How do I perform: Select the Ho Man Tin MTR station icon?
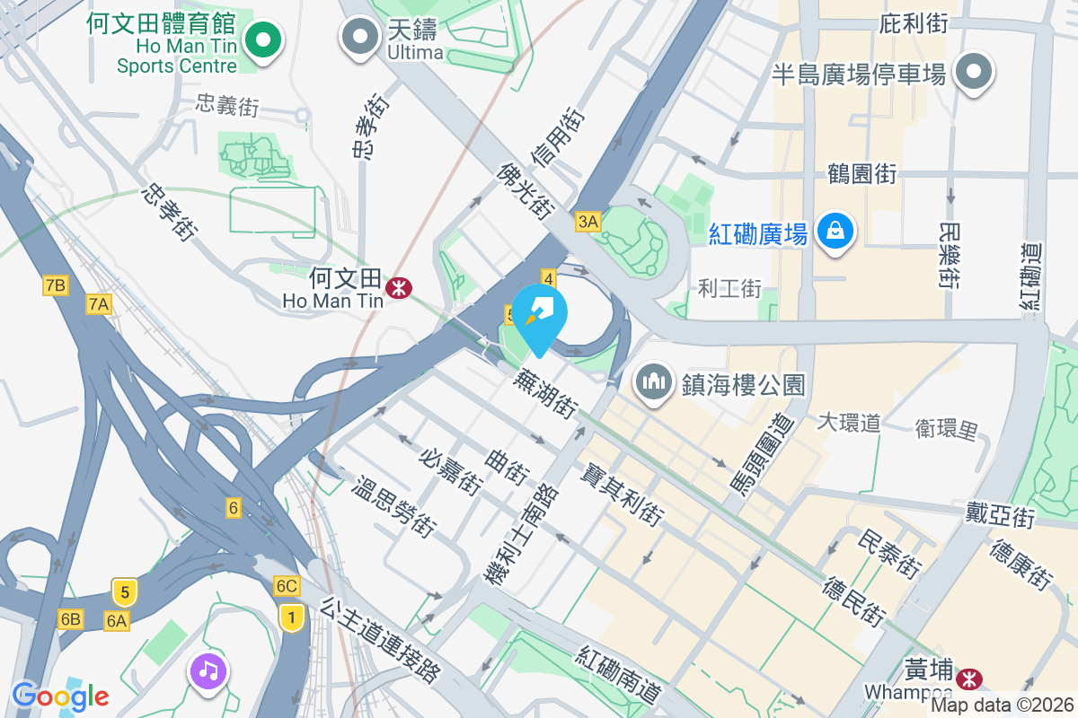click(397, 288)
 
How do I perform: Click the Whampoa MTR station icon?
click(968, 678)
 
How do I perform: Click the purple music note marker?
click(208, 670)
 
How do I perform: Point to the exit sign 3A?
click(588, 221)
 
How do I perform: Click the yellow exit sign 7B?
click(55, 286)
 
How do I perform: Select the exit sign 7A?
click(99, 304)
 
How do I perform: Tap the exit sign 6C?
click(287, 586)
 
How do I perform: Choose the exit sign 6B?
click(70, 618)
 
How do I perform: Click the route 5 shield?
click(125, 592)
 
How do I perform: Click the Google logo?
click(60, 695)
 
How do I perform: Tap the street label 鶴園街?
click(862, 173)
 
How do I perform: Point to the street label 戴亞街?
click(1000, 515)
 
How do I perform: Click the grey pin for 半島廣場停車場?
click(974, 71)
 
